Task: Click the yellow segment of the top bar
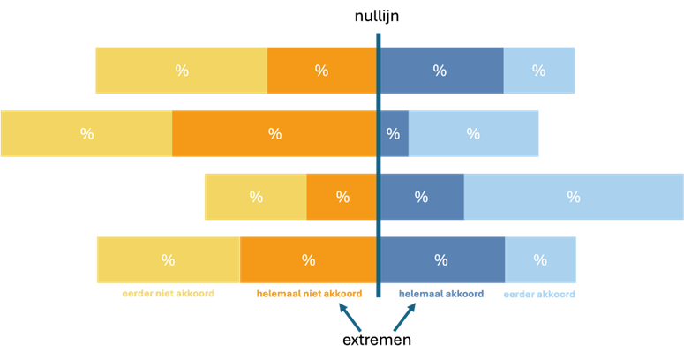(x=181, y=71)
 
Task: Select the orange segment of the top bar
(x=321, y=71)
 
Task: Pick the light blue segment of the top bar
(x=539, y=71)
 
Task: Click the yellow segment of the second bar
(x=86, y=133)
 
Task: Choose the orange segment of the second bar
(x=274, y=133)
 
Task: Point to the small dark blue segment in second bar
(x=394, y=133)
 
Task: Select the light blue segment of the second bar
(x=474, y=133)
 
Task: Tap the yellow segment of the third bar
(x=255, y=197)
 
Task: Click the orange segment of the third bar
(x=342, y=197)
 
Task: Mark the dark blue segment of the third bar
(x=422, y=197)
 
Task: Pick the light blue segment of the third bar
(x=574, y=197)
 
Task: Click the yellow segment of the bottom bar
(x=168, y=260)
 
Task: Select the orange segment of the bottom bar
(x=308, y=260)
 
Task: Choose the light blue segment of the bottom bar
(x=540, y=260)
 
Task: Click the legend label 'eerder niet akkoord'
(x=168, y=294)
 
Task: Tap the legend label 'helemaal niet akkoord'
(x=309, y=294)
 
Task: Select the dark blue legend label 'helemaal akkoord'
(x=440, y=294)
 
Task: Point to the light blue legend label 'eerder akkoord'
(x=538, y=295)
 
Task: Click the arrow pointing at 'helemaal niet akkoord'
(x=350, y=319)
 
